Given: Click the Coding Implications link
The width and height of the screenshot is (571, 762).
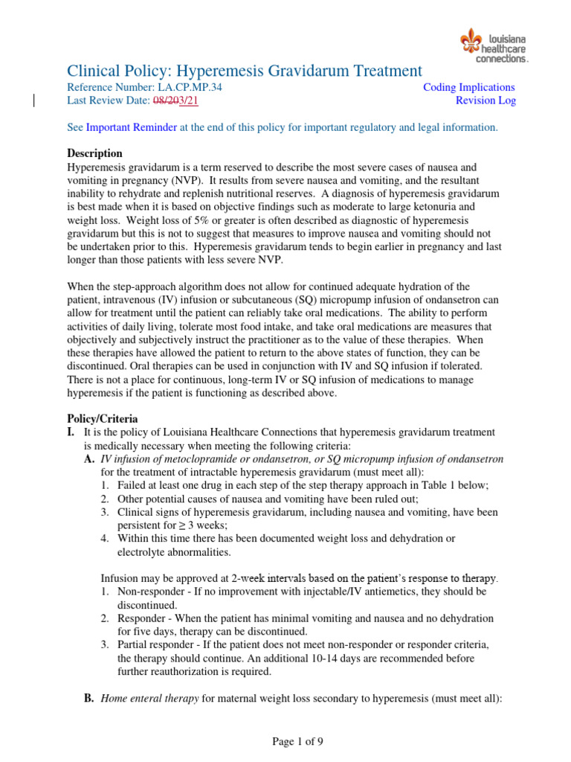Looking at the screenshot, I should click(468, 87).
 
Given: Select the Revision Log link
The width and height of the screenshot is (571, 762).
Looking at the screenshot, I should click(485, 101).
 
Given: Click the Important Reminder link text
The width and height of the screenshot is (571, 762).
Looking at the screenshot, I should click(132, 127).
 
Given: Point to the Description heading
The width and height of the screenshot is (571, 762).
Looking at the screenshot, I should click(94, 153).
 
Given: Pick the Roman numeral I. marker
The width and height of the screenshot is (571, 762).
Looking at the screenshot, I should click(72, 432).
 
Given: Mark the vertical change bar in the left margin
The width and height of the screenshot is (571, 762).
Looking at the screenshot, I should click(34, 101).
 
